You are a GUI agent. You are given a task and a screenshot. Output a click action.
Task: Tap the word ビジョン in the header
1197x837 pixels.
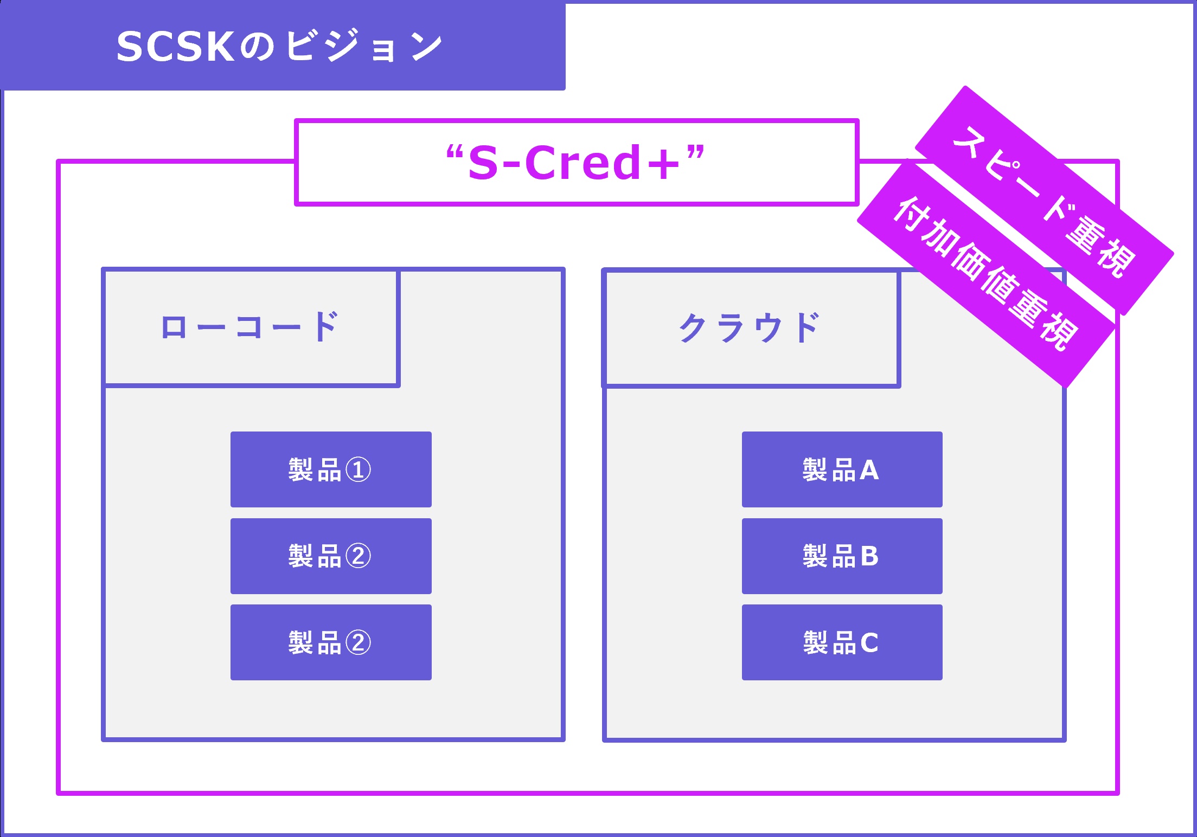click(x=363, y=46)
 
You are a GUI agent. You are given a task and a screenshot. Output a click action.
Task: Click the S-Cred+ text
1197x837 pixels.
click(x=575, y=163)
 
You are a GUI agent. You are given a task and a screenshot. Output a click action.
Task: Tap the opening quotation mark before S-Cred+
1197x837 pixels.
click(x=454, y=152)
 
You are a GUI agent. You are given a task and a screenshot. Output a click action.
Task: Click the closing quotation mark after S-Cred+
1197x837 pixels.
click(x=695, y=152)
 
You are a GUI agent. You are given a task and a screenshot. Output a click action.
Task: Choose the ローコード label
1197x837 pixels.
click(x=250, y=327)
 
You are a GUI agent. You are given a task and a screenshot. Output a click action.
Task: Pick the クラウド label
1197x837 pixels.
click(x=750, y=328)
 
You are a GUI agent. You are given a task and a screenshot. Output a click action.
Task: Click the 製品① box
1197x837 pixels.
click(x=331, y=469)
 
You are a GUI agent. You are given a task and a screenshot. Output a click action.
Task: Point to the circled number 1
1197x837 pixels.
click(x=359, y=470)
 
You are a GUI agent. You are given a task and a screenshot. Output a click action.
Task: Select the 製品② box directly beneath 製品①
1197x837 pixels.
click(x=331, y=556)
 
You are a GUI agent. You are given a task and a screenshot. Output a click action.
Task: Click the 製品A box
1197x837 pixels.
click(x=842, y=469)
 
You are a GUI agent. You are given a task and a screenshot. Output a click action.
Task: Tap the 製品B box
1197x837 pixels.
click(x=842, y=556)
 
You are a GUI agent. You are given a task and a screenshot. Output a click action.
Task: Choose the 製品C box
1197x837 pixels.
click(x=842, y=642)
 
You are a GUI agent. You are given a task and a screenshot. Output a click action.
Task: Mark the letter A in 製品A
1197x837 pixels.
click(x=869, y=470)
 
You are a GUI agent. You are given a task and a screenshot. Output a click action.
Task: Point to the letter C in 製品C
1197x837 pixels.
click(x=869, y=643)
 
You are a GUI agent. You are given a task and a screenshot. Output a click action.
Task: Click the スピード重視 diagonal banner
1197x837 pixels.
click(x=1044, y=201)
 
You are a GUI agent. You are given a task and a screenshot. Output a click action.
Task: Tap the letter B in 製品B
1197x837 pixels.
click(x=869, y=556)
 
